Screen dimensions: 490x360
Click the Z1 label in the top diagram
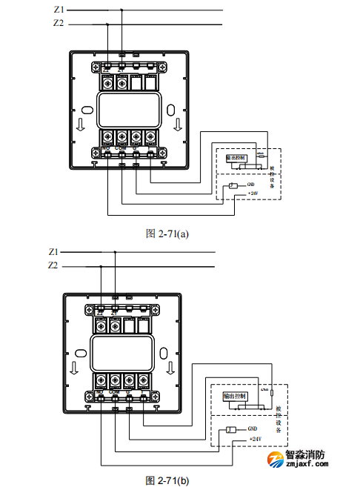coord(59,10)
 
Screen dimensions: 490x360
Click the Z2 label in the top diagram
coord(59,24)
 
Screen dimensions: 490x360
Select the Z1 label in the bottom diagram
coord(53,251)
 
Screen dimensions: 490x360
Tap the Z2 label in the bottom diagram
coord(53,265)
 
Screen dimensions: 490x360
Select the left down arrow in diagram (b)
coord(73,367)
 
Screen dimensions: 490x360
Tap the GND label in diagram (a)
coord(251,183)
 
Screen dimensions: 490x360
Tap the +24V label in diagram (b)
coord(255,439)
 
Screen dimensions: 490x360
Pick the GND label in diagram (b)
coord(252,429)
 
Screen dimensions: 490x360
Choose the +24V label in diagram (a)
coord(253,193)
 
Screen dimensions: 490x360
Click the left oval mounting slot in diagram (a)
coord(87,111)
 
